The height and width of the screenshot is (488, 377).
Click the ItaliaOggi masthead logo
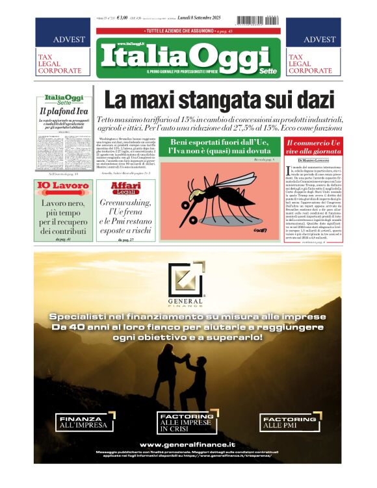188,57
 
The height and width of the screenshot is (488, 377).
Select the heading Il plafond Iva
63,110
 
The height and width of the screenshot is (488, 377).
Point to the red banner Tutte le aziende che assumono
188,31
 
